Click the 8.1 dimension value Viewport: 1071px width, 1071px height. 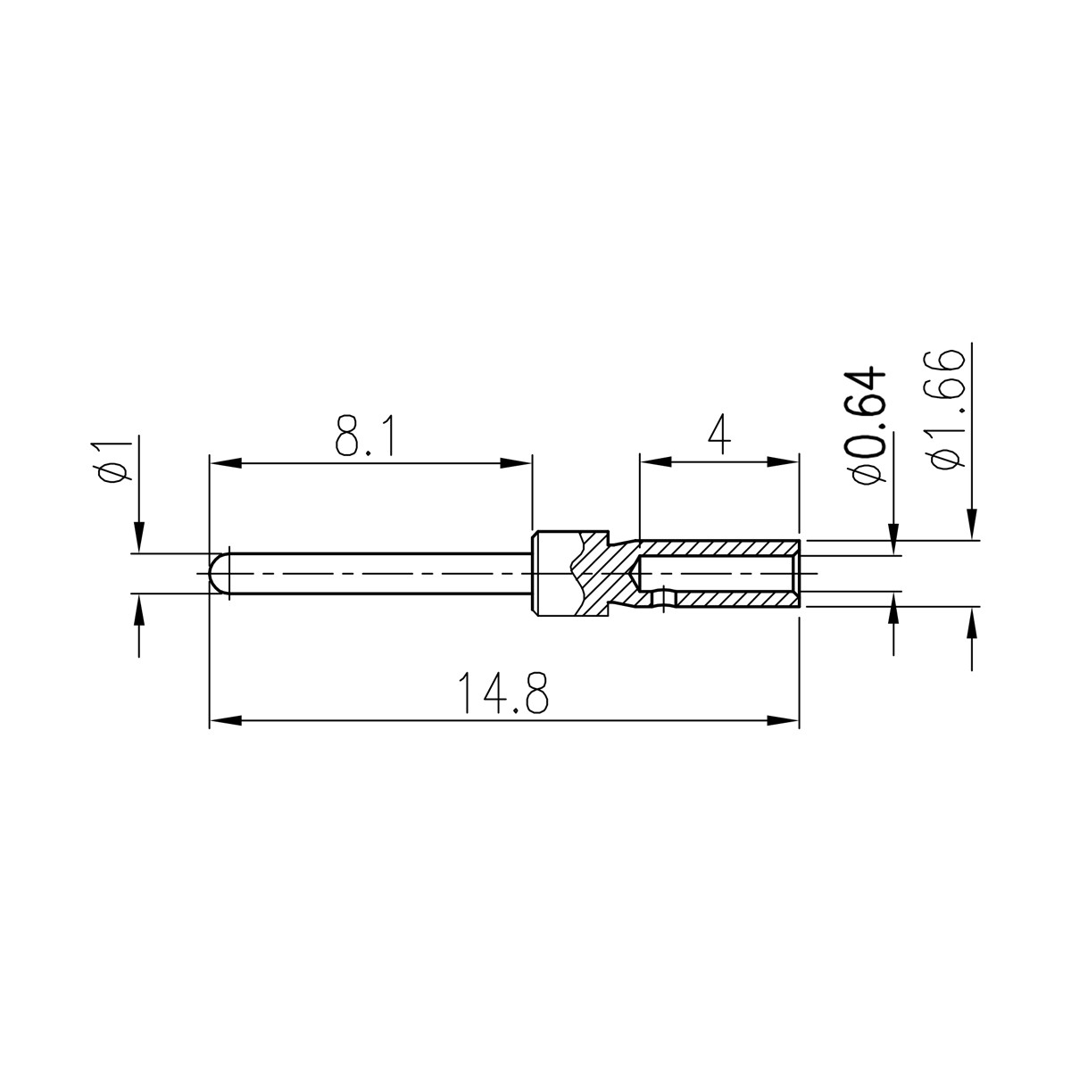[x=366, y=435]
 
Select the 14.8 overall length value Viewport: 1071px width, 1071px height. [x=503, y=693]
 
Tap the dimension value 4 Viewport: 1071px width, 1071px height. [x=719, y=434]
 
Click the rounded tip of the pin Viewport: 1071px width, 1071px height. [x=219, y=574]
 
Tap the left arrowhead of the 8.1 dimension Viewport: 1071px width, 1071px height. [x=225, y=463]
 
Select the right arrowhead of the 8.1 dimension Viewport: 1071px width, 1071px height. [x=517, y=463]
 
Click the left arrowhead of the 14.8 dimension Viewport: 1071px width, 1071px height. [x=225, y=721]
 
